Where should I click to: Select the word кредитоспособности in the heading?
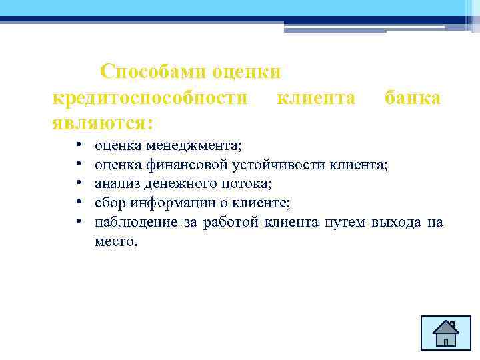coord(150,98)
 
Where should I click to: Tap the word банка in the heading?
coord(412,98)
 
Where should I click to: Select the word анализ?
coord(117,183)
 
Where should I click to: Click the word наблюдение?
coord(136,222)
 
